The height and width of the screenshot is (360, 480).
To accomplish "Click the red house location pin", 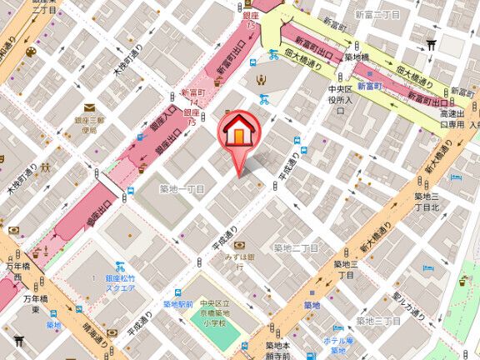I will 237,133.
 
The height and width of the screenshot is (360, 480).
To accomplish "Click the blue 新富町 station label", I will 368,85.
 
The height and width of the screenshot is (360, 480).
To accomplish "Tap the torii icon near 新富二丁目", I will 431,45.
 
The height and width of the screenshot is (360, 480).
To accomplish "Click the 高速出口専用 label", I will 451,118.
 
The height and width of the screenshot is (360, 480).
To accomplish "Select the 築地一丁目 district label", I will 181,189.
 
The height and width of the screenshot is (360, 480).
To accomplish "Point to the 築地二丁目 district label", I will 296,247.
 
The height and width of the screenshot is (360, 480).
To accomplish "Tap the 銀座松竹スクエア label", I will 127,283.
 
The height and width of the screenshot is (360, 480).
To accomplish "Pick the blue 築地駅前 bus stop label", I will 177,304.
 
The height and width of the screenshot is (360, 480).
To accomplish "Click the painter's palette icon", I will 31,52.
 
